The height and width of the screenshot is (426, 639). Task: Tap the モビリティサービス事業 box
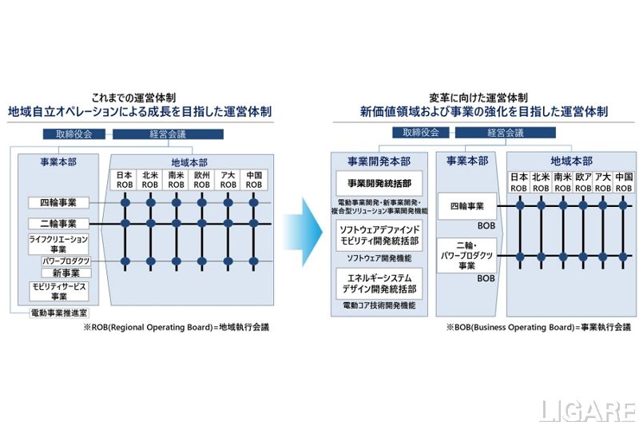click(x=58, y=291)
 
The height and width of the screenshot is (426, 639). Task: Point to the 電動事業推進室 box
click(x=58, y=313)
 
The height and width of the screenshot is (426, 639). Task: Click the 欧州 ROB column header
click(x=202, y=179)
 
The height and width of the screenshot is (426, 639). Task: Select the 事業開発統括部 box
click(x=379, y=181)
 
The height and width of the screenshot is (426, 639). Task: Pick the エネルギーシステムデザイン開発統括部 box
click(x=379, y=283)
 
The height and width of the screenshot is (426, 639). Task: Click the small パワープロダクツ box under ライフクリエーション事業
click(x=65, y=261)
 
